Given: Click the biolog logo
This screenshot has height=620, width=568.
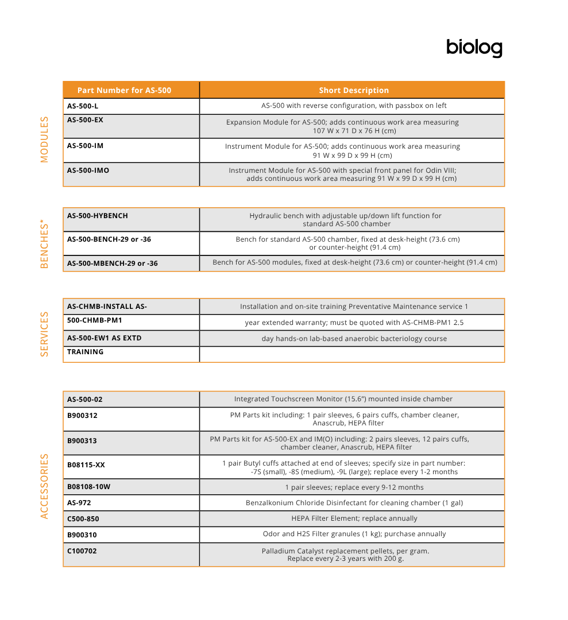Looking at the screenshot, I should tap(474, 48).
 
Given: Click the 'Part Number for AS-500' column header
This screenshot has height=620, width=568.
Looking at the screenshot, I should tap(124, 90).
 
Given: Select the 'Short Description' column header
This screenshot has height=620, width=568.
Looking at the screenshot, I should tap(354, 90).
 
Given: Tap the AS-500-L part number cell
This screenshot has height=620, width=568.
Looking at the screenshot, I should tap(83, 106).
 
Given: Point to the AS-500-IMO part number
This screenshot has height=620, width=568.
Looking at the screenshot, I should tap(88, 170).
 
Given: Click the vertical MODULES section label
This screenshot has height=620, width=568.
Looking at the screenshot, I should tap(45, 139).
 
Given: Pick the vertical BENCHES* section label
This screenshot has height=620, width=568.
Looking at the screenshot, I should tap(45, 245).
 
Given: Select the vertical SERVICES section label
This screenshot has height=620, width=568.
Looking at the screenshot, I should tap(45, 334).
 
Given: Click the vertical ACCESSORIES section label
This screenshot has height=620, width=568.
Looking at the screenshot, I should tap(45, 486).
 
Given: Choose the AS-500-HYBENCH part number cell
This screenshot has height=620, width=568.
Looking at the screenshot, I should tap(98, 216).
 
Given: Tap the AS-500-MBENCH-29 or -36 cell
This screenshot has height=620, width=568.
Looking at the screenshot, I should tap(113, 263).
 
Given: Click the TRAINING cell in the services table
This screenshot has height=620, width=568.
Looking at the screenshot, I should tap(86, 352).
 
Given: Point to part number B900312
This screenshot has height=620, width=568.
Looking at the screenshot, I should tap(82, 416).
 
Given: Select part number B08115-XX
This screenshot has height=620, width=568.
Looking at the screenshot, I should tap(86, 464).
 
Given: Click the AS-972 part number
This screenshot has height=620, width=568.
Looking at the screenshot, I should tap(79, 503).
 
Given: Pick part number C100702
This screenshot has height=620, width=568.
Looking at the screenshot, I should tap(82, 550).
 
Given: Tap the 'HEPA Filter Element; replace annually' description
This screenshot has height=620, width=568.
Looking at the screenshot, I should tap(354, 518).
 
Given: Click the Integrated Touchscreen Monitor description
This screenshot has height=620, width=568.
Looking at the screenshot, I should tap(343, 399).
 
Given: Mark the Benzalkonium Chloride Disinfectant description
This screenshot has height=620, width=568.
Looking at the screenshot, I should tap(354, 503).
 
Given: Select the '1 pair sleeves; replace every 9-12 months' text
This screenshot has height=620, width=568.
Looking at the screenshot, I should tap(354, 487).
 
